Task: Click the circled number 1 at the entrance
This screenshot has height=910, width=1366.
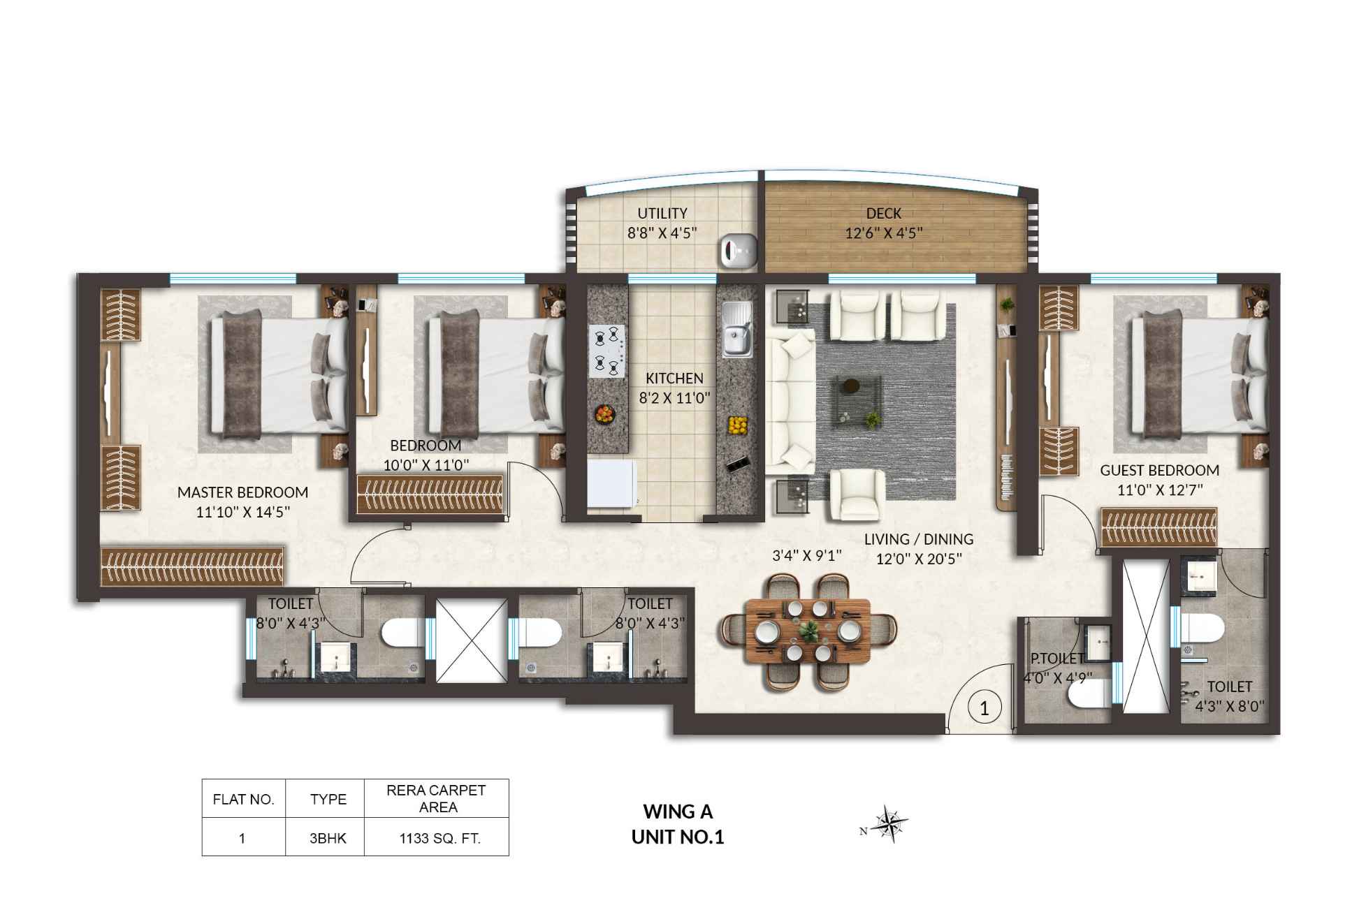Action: click(984, 709)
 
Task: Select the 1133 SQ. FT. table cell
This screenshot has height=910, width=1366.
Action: click(439, 838)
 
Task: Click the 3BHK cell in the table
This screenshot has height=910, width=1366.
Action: click(328, 838)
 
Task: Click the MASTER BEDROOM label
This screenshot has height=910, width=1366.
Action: click(242, 492)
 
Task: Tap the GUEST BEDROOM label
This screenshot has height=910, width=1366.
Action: click(1159, 471)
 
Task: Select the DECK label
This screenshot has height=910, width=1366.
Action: click(883, 214)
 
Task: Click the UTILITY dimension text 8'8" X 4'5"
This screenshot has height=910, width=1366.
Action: click(662, 233)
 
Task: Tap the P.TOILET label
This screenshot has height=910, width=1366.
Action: click(1056, 659)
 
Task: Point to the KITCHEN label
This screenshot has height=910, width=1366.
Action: click(674, 379)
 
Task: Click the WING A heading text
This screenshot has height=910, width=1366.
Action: click(678, 812)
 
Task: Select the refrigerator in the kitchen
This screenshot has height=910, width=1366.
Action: click(611, 483)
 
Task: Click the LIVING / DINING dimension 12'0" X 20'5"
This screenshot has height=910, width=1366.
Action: click(920, 559)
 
